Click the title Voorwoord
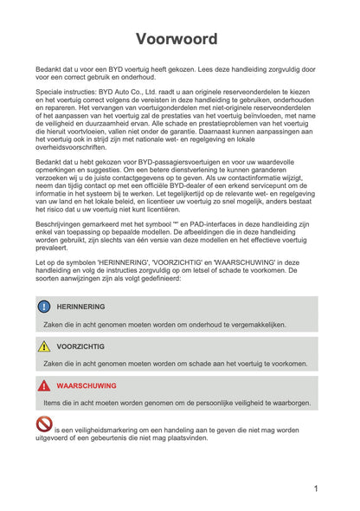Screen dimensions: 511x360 (180, 39)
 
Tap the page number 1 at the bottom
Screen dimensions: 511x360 (316, 488)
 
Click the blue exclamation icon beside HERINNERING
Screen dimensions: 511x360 (44, 307)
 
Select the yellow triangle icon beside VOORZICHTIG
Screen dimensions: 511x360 (44, 346)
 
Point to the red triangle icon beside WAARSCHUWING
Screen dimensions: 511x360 (44, 386)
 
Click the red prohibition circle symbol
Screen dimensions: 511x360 (44, 424)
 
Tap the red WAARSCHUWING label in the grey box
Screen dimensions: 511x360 (87, 386)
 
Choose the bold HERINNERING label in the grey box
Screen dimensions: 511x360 (81, 307)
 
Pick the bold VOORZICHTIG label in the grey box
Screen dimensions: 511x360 (80, 346)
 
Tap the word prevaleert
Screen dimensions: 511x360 (55, 248)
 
